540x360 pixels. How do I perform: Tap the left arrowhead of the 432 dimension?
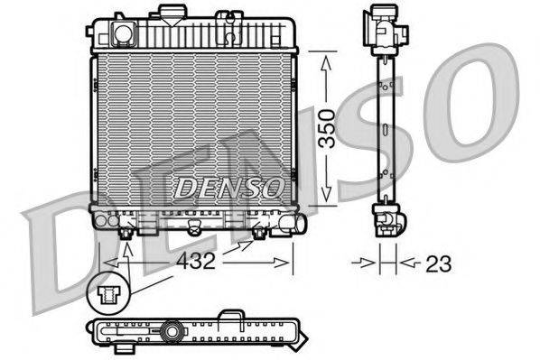(109, 263)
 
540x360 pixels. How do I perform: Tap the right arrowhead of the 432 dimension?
(286, 263)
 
